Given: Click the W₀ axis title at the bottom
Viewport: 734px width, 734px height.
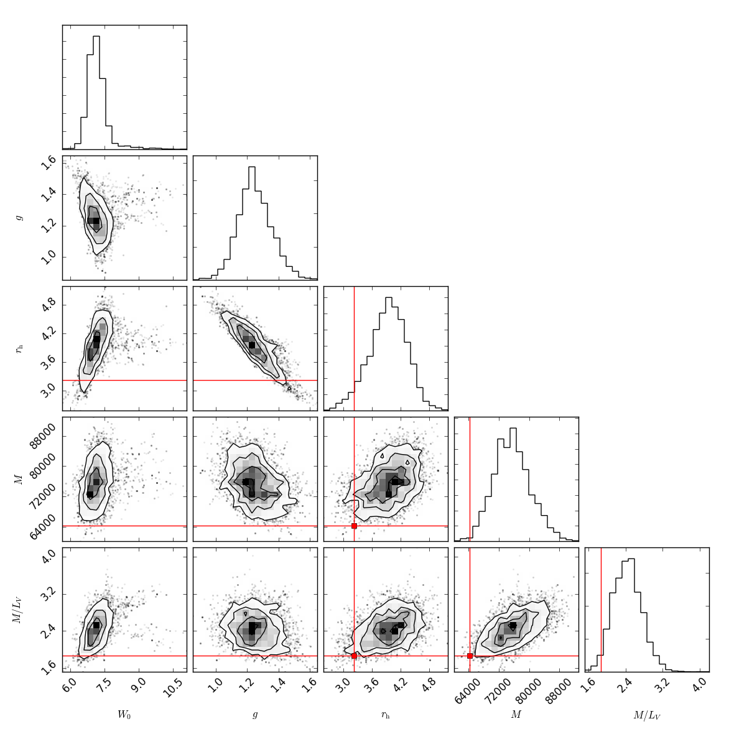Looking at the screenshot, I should pos(124,715).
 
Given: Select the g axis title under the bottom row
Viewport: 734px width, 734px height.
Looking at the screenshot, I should pos(255,715).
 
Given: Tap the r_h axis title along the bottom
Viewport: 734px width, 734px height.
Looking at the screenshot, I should pos(386,715).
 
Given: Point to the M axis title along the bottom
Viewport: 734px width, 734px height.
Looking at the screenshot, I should pos(516,715).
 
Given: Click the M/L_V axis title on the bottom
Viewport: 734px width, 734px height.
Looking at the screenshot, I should pos(647,715).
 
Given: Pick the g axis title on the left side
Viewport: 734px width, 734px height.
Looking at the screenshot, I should pos(19,218).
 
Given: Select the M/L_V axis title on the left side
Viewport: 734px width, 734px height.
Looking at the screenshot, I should pos(19,610).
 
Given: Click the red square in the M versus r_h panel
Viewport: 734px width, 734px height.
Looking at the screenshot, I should pos(354,526).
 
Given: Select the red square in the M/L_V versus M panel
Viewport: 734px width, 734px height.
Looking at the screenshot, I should pos(470,656).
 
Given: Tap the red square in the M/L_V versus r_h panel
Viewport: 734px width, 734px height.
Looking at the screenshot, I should pos(354,656).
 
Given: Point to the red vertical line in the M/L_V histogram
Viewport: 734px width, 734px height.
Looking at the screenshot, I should pos(601,610).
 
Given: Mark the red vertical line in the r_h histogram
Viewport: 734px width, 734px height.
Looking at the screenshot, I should pos(354,348).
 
